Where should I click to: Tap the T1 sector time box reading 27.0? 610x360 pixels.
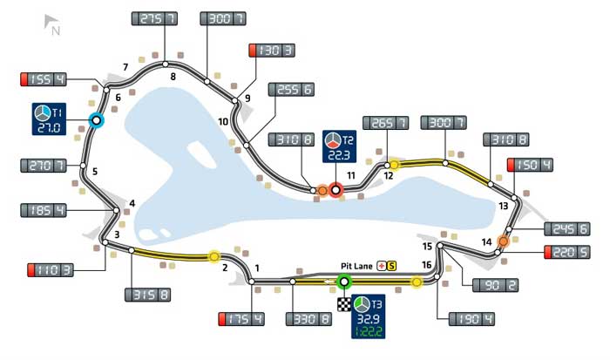pos(49,120)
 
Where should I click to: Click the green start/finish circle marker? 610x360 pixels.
pos(343,282)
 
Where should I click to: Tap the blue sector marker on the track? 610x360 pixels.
pos(96,121)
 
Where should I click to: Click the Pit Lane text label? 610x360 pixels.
pos(356,266)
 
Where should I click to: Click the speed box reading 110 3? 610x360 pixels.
pos(50,268)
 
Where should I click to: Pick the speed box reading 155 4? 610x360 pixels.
pos(44,81)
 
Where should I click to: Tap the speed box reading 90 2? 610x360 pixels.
pos(493,285)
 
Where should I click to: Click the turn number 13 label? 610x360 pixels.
pos(503,206)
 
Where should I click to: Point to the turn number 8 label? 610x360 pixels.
pos(173,77)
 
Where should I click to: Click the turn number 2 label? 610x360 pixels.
pos(225,268)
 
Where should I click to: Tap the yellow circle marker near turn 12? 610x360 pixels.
pos(393,164)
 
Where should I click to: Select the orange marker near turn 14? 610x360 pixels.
pos(503,241)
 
